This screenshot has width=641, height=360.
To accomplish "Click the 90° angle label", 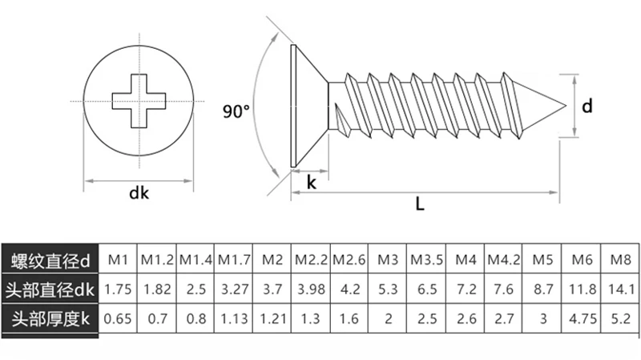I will [237, 111].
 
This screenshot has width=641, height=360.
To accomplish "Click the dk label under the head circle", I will [139, 192].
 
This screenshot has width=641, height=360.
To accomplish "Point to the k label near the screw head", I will [310, 183].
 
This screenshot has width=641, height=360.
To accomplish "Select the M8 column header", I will [621, 260].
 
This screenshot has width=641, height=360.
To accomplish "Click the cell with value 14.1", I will [621, 289].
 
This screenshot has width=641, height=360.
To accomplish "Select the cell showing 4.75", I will [583, 318].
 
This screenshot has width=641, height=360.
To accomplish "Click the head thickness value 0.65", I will [119, 318].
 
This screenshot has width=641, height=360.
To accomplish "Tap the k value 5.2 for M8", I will [621, 318].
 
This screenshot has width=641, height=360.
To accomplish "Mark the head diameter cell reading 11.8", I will [583, 289].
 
